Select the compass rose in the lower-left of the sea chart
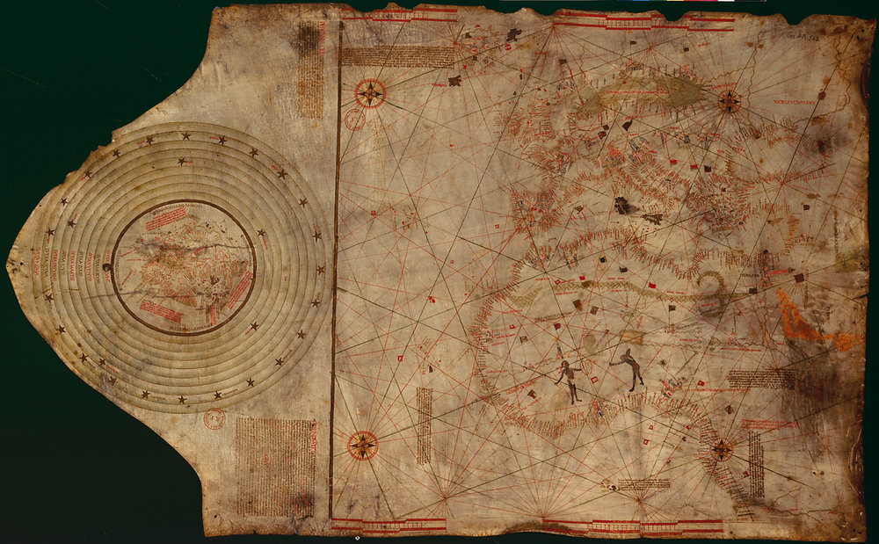pos(362,445)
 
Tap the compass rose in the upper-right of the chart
pos(729,102)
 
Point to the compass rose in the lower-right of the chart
pos(722,450)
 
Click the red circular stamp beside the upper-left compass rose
pos(354,120)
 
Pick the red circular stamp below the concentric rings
pos(214,418)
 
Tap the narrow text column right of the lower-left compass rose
pos(424,426)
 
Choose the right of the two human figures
pos(631,368)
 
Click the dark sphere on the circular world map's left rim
pos(106,268)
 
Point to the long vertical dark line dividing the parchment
pos(334,281)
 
